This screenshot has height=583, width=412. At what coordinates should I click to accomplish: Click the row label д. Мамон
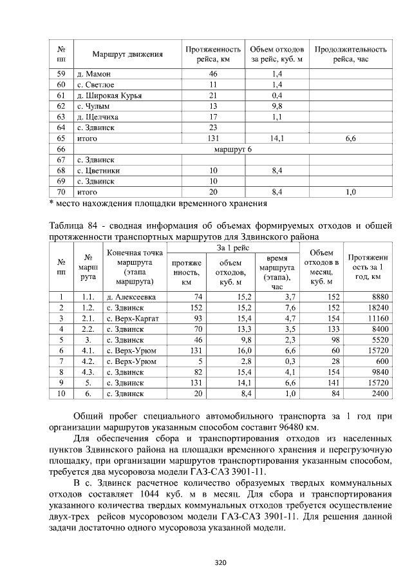click(x=93, y=75)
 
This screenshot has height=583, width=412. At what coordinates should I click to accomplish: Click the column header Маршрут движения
click(x=127, y=55)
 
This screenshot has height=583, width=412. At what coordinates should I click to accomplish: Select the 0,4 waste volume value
click(x=277, y=96)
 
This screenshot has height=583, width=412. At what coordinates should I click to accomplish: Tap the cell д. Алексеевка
click(x=131, y=297)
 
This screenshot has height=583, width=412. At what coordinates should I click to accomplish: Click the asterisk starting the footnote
click(x=51, y=204)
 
